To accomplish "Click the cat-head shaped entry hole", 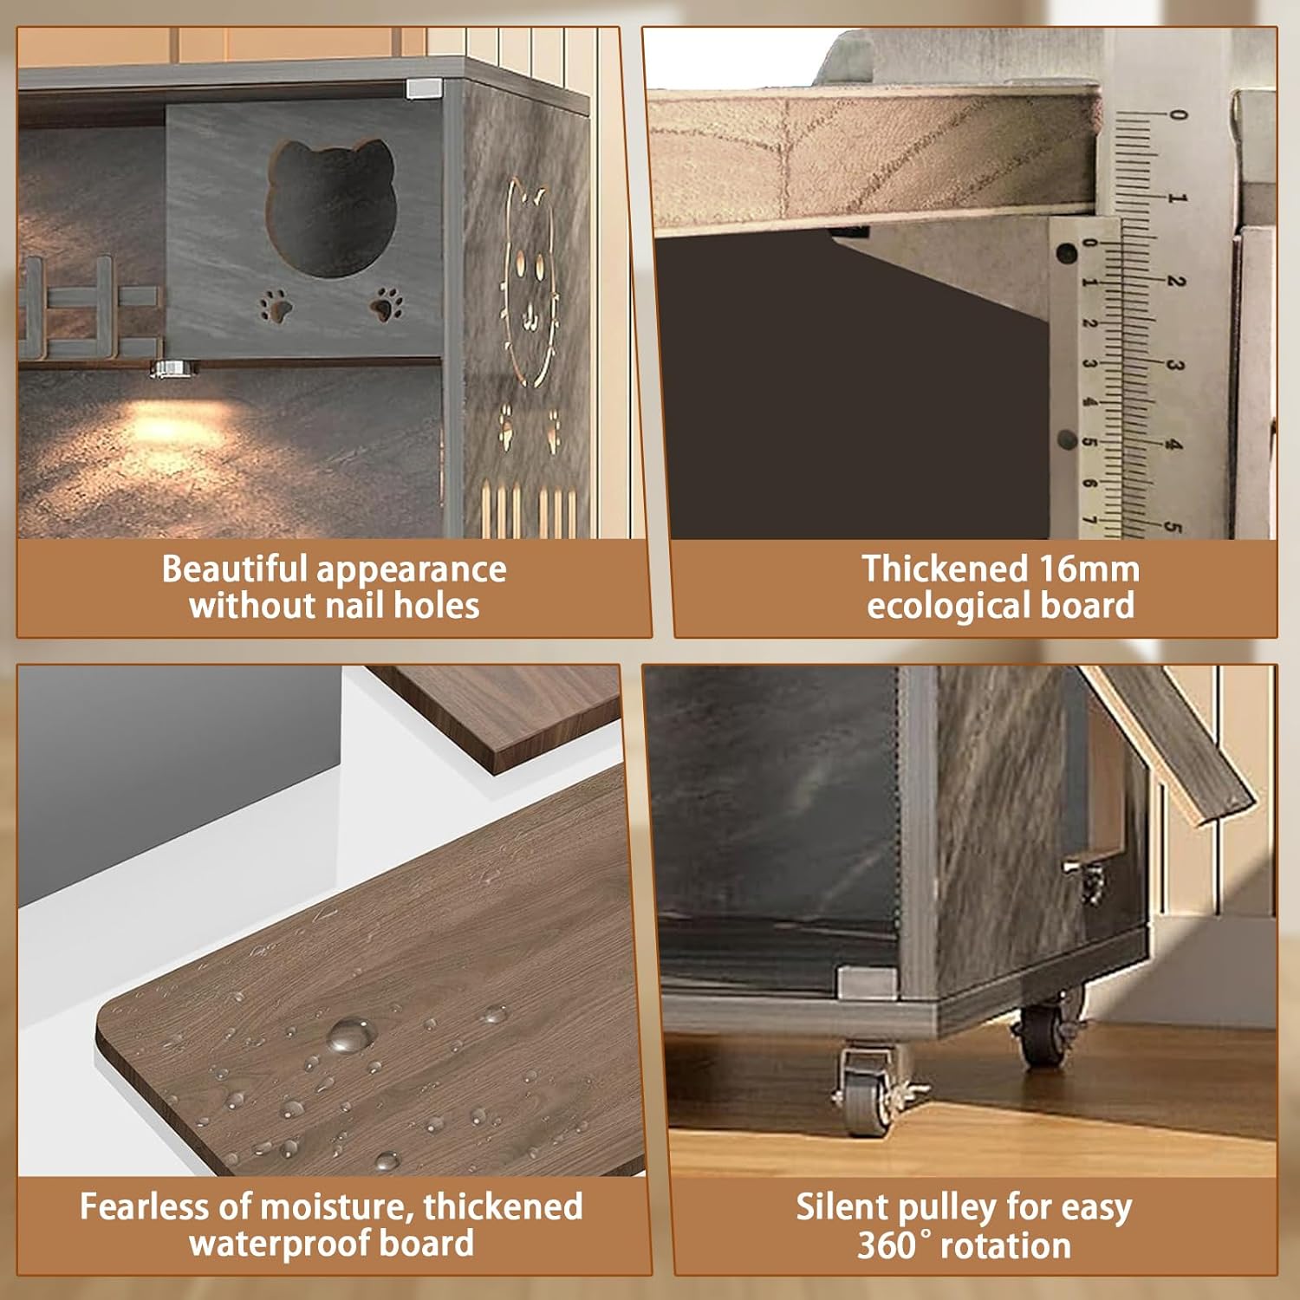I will [x=331, y=208].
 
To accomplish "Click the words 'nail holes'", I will [x=405, y=606].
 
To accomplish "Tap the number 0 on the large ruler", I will [x=1177, y=115].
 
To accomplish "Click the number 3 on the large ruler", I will [x=1175, y=365].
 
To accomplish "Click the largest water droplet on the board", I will [x=350, y=1033].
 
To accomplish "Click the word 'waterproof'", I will [x=280, y=1244].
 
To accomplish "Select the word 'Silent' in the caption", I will [x=841, y=1207].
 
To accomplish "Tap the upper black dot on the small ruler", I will [x=1067, y=255].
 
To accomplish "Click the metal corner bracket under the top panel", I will [x=422, y=88].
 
